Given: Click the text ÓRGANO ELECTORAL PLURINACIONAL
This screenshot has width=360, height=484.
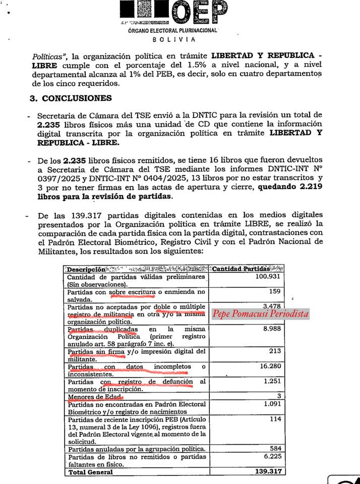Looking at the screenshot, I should pos(173,30).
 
